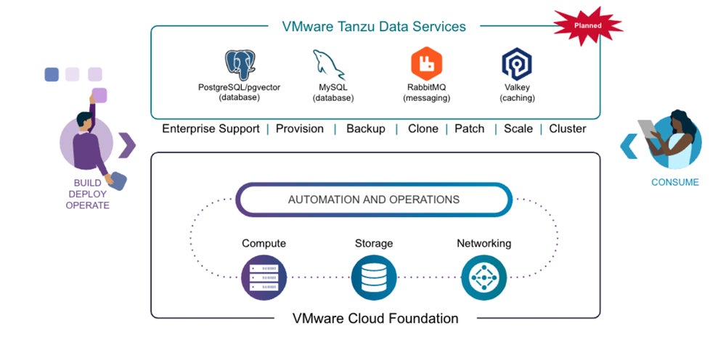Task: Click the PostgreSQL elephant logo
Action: click(x=240, y=65)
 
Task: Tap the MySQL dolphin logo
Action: click(x=330, y=65)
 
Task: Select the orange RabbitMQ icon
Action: click(x=426, y=64)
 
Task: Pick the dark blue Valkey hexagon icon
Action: click(x=517, y=64)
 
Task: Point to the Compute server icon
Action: click(x=264, y=277)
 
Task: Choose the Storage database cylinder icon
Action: click(x=374, y=277)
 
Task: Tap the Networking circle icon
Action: click(x=484, y=277)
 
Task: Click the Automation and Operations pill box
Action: click(x=374, y=200)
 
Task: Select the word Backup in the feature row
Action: click(x=365, y=129)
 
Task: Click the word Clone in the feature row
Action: click(x=423, y=129)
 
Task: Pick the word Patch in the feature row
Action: click(x=469, y=129)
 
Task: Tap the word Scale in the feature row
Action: click(x=518, y=129)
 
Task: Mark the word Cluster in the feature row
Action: click(x=567, y=129)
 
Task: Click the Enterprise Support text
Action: click(x=211, y=129)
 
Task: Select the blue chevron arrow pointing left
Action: click(x=629, y=145)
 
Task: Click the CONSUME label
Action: click(x=674, y=182)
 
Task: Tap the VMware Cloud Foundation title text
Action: click(x=375, y=318)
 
